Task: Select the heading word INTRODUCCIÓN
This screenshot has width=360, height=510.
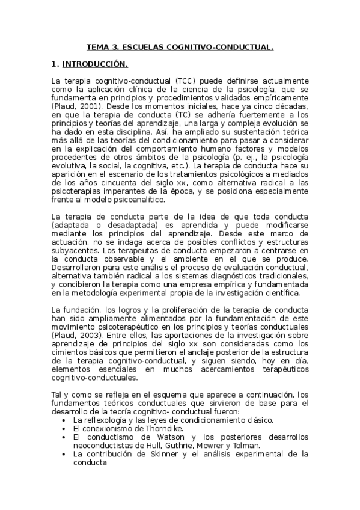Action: pos(98,63)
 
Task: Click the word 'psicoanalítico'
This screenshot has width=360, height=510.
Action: pos(137,198)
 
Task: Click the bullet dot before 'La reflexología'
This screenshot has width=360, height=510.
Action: pos(64,420)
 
